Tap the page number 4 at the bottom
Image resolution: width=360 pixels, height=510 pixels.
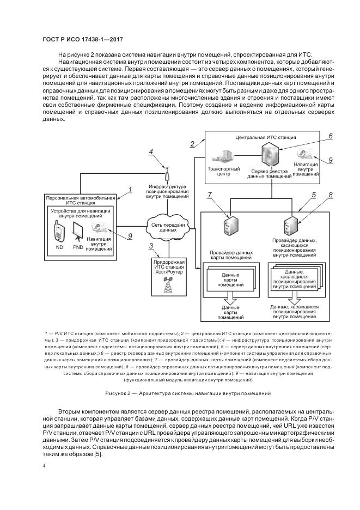tap(43, 466)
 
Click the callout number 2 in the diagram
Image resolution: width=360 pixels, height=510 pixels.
tap(192, 144)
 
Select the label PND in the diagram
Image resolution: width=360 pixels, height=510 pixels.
tap(78, 246)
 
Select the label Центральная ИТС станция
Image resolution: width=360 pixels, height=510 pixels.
tap(258, 138)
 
